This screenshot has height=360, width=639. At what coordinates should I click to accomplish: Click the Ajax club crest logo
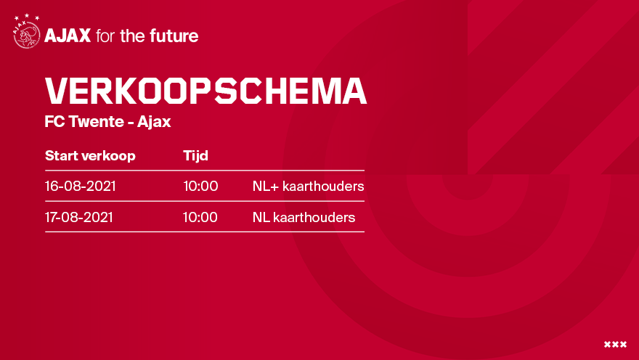click(x=27, y=32)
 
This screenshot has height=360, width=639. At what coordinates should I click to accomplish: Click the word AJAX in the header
click(x=68, y=36)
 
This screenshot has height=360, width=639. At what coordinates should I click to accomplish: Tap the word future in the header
click(x=174, y=36)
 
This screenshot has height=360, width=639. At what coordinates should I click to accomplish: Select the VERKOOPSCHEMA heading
click(x=205, y=91)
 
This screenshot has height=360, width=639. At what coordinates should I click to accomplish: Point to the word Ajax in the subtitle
click(x=154, y=122)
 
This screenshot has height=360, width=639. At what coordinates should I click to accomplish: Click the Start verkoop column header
click(x=90, y=156)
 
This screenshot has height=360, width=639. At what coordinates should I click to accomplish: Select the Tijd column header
click(x=195, y=156)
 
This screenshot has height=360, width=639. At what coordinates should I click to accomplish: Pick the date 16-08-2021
click(x=81, y=186)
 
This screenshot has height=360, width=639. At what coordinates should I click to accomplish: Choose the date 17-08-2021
click(x=78, y=217)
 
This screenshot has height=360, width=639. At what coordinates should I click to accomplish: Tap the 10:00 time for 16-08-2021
click(x=200, y=186)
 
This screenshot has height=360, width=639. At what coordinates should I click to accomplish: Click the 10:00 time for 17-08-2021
click(x=200, y=217)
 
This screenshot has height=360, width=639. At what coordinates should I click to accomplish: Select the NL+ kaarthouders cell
click(x=308, y=186)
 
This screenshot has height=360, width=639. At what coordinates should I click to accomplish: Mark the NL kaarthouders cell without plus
click(x=304, y=217)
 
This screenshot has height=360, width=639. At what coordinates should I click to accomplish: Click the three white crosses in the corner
click(x=615, y=345)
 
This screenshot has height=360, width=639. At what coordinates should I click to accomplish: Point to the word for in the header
click(x=105, y=36)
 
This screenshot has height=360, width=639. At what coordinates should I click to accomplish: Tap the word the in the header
click(x=132, y=36)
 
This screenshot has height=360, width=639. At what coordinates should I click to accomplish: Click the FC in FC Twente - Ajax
click(x=54, y=121)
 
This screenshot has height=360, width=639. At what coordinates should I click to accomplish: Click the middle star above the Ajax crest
click(x=27, y=16)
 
